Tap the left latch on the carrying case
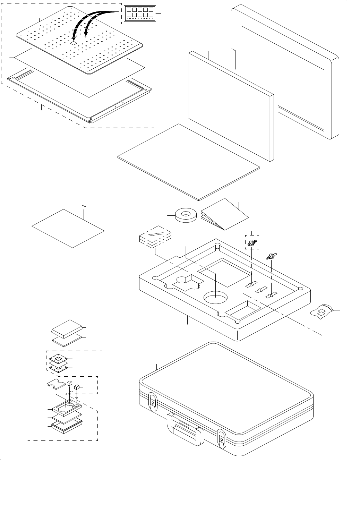(152, 402)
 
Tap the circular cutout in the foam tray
(215, 297)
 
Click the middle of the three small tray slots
(260, 290)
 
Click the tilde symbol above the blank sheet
(84, 206)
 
